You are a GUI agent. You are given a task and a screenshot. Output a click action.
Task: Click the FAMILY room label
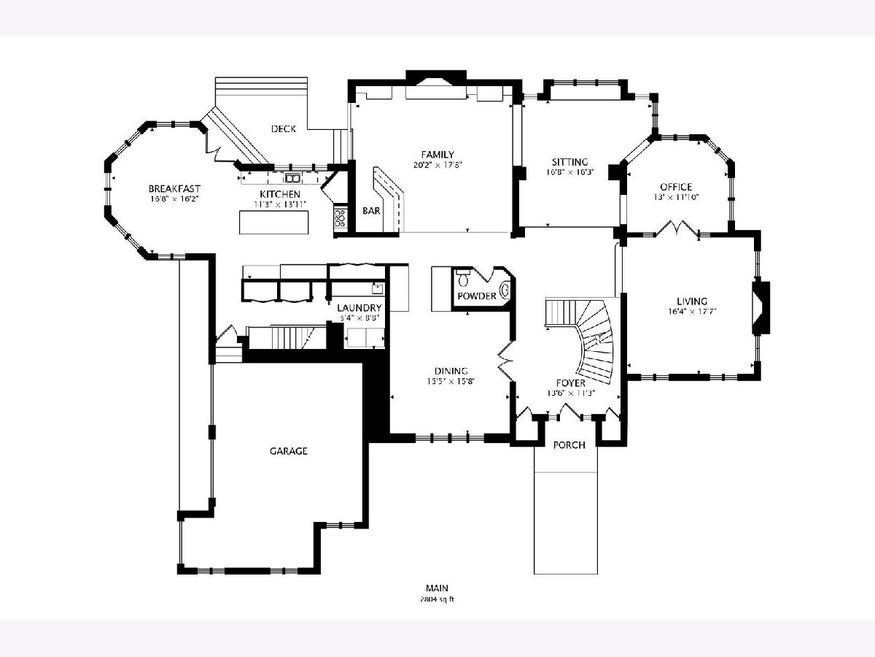tap(437, 154)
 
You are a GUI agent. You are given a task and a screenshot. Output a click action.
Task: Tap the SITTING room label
tap(569, 162)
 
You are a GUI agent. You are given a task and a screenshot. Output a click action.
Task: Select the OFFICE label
tap(676, 187)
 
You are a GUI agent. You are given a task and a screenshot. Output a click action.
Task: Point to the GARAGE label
tap(288, 450)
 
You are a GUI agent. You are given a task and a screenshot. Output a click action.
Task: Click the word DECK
tap(284, 128)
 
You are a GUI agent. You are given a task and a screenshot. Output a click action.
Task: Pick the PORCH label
tap(569, 445)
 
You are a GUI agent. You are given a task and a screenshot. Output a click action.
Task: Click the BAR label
tap(371, 211)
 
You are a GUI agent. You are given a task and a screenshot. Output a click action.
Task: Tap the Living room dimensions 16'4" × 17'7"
tap(692, 311)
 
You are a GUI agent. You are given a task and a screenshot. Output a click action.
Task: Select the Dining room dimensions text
tap(451, 381)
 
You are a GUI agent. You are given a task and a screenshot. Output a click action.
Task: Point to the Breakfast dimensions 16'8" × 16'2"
tap(174, 199)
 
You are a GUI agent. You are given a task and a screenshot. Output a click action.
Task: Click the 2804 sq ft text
tap(437, 599)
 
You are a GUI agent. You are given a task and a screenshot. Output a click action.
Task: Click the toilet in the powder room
tap(463, 278)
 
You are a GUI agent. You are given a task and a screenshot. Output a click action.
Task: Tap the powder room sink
tap(505, 290)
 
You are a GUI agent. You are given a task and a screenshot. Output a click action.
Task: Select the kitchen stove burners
tap(340, 218)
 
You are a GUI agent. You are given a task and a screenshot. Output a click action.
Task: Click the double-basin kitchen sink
tap(292, 178)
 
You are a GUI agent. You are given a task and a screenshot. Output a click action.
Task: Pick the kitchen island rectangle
tap(274, 222)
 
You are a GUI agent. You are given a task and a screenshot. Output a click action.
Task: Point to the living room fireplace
tap(761, 307)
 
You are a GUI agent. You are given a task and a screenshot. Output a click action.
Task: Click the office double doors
tap(677, 229)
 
